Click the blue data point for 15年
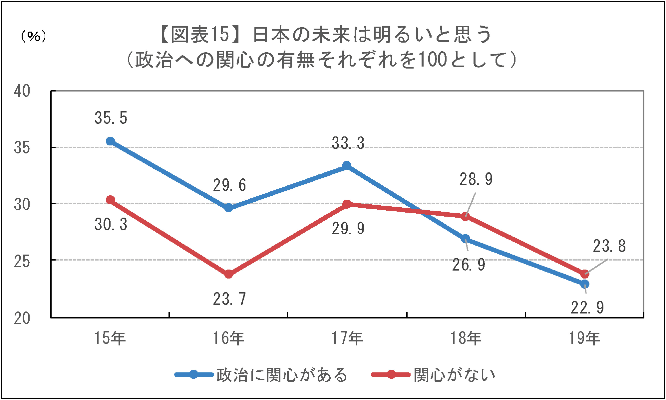(110, 141)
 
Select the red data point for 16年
(229, 274)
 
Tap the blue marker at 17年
(347, 165)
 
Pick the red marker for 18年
(466, 217)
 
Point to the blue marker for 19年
(585, 284)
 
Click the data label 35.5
(111, 118)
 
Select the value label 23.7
(229, 299)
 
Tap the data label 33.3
(348, 143)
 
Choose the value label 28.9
(476, 179)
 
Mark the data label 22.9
(587, 307)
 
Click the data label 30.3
(111, 225)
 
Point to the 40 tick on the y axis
(22, 91)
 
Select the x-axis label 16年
(229, 338)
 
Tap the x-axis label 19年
(584, 338)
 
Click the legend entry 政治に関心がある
(281, 375)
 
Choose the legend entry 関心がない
(454, 375)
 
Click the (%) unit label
(33, 37)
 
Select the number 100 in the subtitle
(432, 60)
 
